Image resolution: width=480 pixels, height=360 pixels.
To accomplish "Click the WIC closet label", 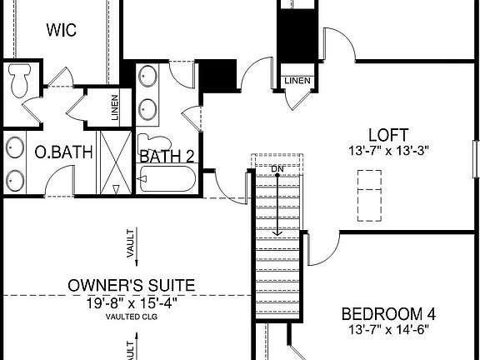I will (x=62, y=31).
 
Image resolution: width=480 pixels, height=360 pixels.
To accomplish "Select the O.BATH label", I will (x=52, y=153).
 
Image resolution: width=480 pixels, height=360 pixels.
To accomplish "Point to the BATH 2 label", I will (x=167, y=156).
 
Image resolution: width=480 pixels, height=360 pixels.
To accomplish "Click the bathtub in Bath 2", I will (x=167, y=179).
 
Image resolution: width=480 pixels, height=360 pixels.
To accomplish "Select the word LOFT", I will (x=388, y=135).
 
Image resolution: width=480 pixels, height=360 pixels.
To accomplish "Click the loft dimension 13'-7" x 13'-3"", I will (x=388, y=151).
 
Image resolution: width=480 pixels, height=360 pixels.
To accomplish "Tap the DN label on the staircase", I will (x=278, y=170).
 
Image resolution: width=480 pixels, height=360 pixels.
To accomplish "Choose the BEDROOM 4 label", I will (x=389, y=314).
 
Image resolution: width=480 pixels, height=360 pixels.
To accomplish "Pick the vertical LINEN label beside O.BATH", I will (x=115, y=107).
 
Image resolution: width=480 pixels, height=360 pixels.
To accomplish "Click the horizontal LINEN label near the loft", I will (x=297, y=81).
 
